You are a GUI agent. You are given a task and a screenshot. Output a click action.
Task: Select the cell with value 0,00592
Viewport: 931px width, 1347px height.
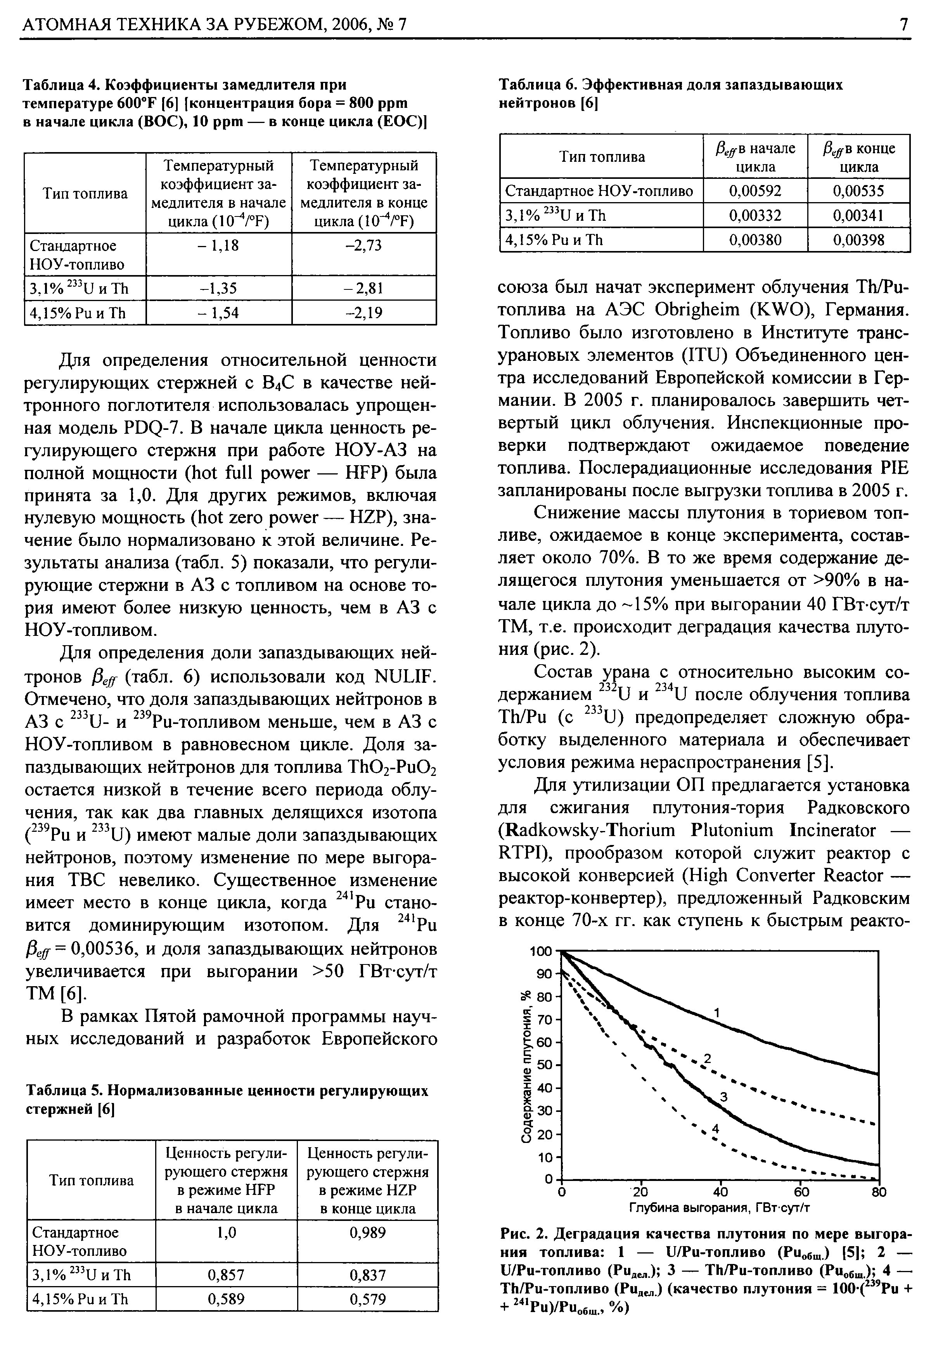[x=755, y=191]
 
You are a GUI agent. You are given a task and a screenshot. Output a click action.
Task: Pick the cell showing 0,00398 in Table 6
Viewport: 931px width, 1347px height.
[x=859, y=240]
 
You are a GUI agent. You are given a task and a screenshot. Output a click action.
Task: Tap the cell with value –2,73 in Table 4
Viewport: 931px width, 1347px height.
[x=363, y=246]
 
